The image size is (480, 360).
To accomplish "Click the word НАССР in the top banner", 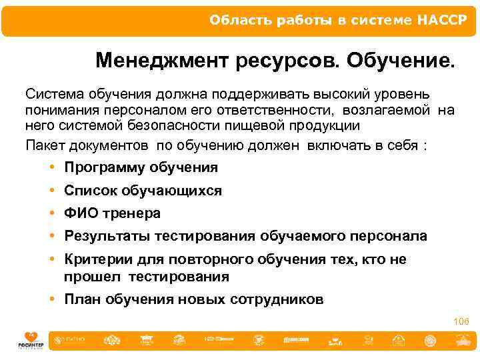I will (443, 20).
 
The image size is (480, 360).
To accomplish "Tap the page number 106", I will (461, 322).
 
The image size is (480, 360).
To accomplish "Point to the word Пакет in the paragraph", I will (44, 145).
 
